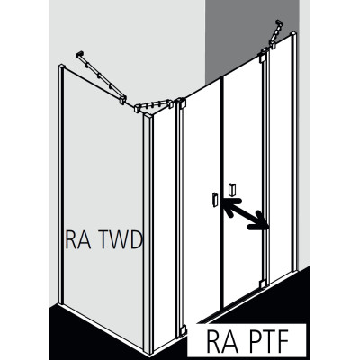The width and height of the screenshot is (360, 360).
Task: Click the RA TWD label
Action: (103, 239)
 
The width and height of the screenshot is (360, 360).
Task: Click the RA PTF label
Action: (247, 341)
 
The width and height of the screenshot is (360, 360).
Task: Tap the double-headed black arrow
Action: (245, 214)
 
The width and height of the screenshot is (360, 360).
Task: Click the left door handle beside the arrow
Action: (214, 200)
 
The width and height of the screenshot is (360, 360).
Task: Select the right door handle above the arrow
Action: (232, 189)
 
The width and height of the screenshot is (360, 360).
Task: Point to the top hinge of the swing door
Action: (263, 56)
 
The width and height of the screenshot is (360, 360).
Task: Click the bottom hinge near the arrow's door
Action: (263, 283)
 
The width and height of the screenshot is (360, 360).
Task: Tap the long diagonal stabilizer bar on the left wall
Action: (102, 77)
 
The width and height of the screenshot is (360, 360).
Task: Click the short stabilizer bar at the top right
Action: (276, 34)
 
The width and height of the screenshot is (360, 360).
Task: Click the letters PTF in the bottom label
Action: (264, 341)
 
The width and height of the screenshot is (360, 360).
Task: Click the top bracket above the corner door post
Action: (182, 103)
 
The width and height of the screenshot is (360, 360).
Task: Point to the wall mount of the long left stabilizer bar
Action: (80, 54)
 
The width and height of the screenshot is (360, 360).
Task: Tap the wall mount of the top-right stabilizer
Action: (280, 22)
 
